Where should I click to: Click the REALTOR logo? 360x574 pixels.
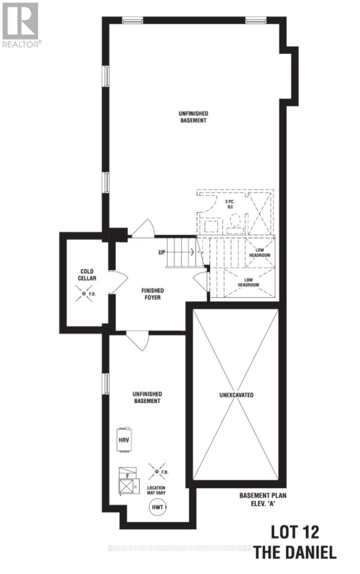click(x=21, y=24)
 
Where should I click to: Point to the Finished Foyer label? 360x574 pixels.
click(x=153, y=294)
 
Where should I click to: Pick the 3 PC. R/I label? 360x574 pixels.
click(x=230, y=205)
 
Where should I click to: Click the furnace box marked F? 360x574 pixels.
click(x=127, y=481)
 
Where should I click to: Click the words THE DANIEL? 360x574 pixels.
click(x=295, y=553)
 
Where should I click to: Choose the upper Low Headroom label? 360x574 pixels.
click(x=259, y=253)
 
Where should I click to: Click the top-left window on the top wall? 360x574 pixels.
click(x=132, y=20)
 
